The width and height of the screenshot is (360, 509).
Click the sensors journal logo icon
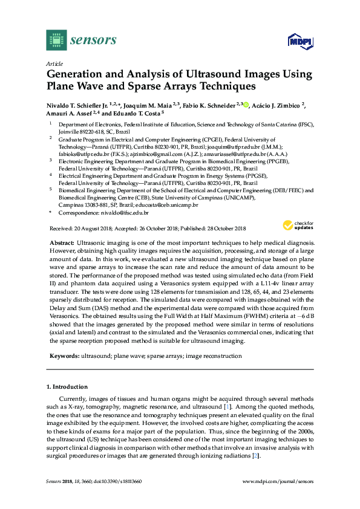56,41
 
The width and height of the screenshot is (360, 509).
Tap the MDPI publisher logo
299,42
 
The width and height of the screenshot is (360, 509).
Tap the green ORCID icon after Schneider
246,104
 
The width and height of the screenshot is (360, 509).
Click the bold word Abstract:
62,242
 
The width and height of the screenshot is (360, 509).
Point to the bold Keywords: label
64,356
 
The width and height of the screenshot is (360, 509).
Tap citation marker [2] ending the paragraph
257,455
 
